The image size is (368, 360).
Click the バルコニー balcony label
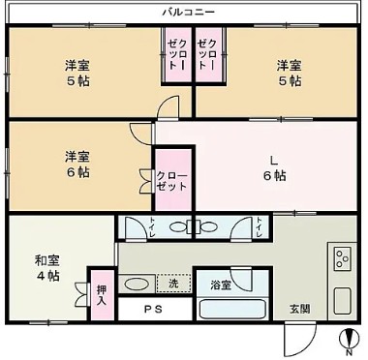coord(188,13)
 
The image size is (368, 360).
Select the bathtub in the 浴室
coord(232,309)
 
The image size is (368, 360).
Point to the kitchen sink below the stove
coord(342,301)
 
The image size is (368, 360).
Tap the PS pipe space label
coord(153,310)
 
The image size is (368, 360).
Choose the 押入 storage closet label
coord(102,296)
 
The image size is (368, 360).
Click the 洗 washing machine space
coord(173,284)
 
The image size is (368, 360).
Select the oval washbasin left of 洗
coord(137,285)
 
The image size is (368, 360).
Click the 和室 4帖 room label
coord(47,268)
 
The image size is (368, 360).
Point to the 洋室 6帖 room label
coord(77,165)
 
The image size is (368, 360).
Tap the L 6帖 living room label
coord(274,168)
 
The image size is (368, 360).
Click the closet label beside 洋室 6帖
coord(171,181)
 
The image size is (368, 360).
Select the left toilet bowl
coord(178,227)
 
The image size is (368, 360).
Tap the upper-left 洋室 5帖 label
coord(77,73)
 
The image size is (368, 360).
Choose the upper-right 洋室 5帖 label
coord(290,73)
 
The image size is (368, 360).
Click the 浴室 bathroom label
coord(221,285)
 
